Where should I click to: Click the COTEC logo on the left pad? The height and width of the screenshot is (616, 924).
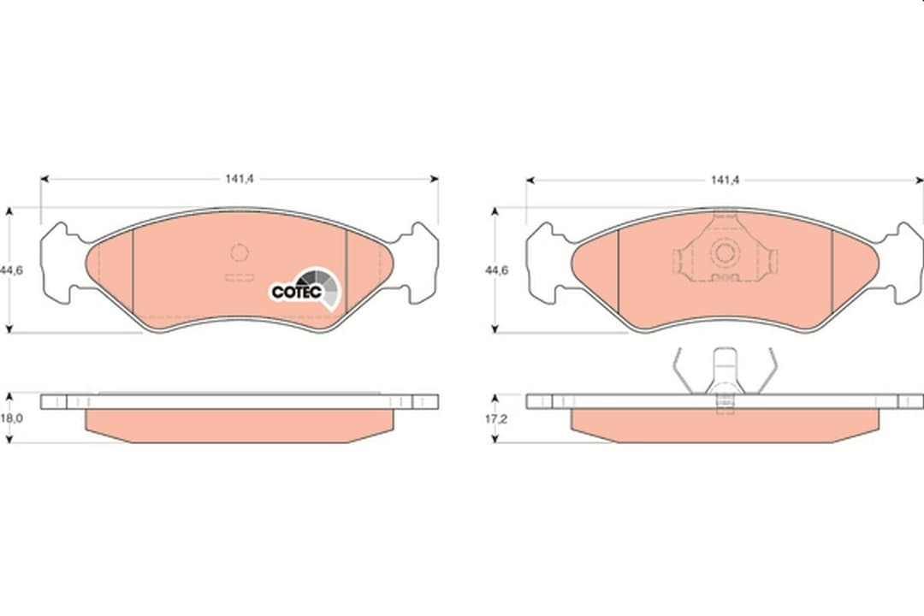(305, 288)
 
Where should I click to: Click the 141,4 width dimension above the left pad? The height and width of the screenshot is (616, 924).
(240, 179)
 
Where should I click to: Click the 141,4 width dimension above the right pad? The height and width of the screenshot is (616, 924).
(725, 180)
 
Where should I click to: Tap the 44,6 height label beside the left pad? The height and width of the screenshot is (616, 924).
(12, 270)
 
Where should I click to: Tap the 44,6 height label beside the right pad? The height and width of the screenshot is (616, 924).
(496, 270)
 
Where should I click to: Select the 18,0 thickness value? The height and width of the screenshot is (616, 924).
(12, 418)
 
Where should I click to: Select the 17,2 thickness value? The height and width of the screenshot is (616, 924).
(496, 418)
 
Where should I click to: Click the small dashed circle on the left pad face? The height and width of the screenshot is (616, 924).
(239, 253)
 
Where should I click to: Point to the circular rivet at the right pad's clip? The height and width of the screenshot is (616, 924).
(725, 253)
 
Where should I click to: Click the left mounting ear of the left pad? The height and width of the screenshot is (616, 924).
(58, 263)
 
